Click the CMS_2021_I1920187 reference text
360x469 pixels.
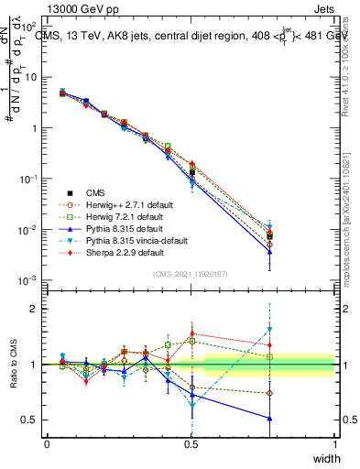(191, 273)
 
